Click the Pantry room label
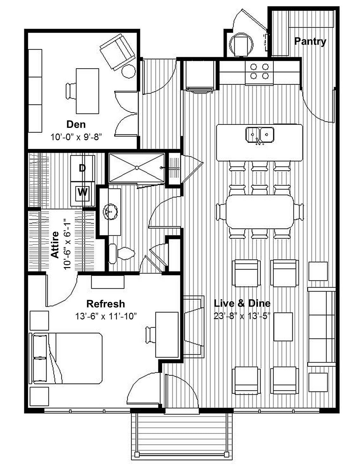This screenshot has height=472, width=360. (x=310, y=41)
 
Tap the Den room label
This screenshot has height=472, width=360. (x=76, y=124)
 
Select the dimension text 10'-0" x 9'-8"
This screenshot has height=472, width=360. (x=76, y=137)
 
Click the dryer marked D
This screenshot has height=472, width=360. (x=82, y=168)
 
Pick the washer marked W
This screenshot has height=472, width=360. (x=82, y=192)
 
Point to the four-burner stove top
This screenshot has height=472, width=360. (x=259, y=72)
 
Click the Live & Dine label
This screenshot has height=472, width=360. (x=242, y=303)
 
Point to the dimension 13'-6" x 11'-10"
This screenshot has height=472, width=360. (x=106, y=316)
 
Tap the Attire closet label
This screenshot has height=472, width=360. (x=55, y=245)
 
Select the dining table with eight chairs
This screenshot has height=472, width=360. (x=260, y=212)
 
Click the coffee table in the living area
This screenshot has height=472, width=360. (x=283, y=327)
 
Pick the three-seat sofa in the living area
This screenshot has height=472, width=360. (x=321, y=327)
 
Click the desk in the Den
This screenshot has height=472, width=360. (x=87, y=91)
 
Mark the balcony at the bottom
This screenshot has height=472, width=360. (x=182, y=435)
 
